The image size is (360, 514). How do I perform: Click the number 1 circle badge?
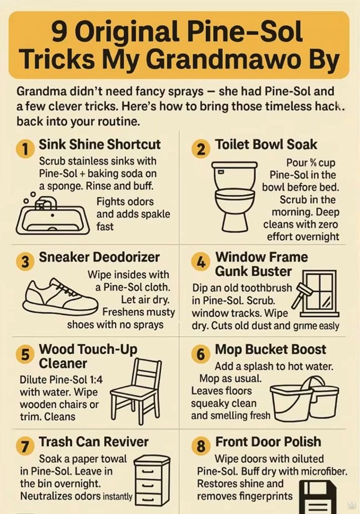(24, 149)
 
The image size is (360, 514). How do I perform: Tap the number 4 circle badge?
(200, 261)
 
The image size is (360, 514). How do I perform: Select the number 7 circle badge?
(24, 446)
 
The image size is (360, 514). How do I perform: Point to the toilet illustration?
(235, 196)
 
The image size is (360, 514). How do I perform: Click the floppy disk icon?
(318, 497)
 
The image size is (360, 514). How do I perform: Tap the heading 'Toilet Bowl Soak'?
(266, 144)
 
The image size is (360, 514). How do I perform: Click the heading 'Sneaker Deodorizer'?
(99, 257)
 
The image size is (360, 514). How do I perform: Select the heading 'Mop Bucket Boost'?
(270, 349)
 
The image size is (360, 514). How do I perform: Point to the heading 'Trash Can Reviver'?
(93, 441)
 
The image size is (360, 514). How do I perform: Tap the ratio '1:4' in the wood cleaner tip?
(96, 380)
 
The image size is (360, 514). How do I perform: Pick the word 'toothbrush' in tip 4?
(266, 288)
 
